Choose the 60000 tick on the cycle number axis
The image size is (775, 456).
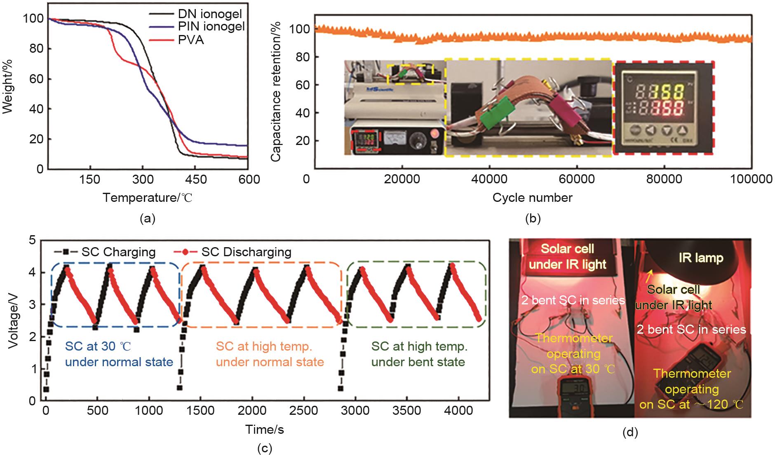[x=577, y=179]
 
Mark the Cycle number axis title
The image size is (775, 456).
[x=532, y=198]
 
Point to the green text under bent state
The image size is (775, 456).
[x=418, y=362]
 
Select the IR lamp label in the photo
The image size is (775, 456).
[x=700, y=258]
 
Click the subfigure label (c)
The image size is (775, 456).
[x=264, y=449]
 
